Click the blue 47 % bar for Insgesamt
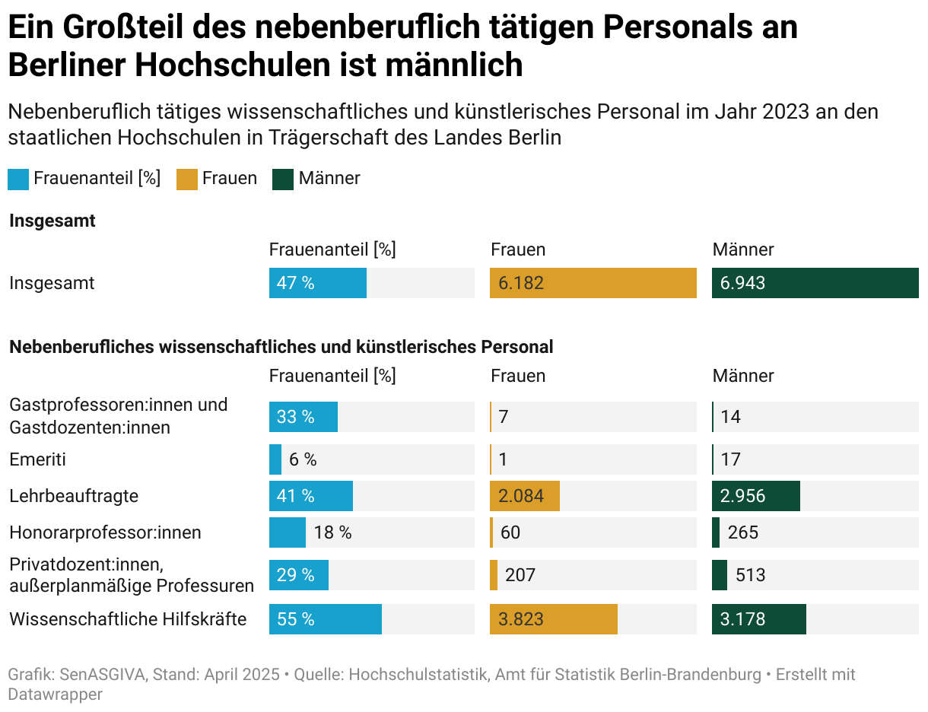point(317,283)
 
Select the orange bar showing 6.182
point(593,283)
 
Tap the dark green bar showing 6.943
point(815,283)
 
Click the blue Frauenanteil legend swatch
point(18,180)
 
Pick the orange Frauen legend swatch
point(186,180)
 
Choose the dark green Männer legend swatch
point(283,180)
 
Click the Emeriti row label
point(37,459)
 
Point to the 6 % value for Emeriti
point(303,459)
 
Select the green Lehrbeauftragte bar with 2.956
point(755,496)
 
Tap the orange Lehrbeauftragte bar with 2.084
point(524,496)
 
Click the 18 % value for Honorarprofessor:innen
point(332,532)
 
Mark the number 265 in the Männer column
point(742,532)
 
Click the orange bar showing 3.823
point(553,619)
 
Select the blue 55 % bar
point(325,619)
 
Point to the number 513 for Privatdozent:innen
point(750,575)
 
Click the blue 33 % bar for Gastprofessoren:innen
point(303,417)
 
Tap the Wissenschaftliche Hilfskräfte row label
point(128,619)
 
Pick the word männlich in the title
point(454,65)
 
